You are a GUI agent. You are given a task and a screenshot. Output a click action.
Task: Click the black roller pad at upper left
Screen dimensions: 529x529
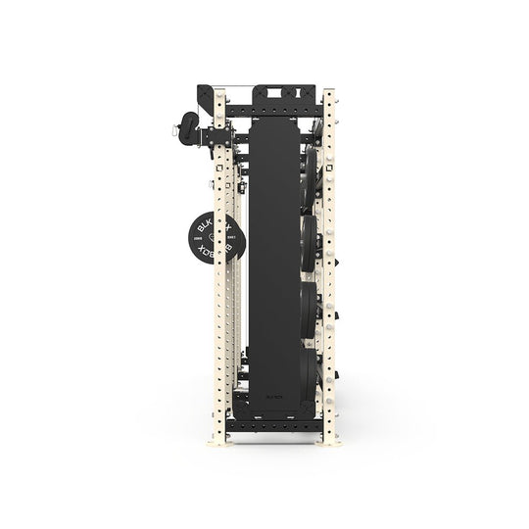click(185, 130)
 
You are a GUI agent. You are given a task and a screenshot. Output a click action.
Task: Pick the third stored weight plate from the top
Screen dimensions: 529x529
click(310, 309)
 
